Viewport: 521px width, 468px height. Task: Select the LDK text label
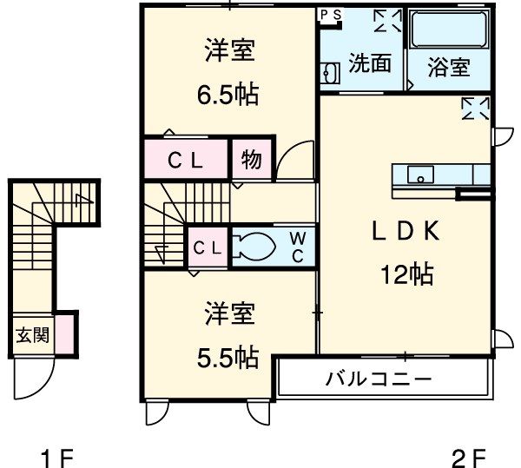(x=405, y=232)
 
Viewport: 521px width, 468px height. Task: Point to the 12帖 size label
(x=405, y=275)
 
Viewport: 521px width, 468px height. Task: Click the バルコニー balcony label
(x=379, y=379)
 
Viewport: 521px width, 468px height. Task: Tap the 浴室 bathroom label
(x=449, y=67)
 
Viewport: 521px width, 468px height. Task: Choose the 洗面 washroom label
(x=369, y=64)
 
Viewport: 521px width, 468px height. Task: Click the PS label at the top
(x=330, y=15)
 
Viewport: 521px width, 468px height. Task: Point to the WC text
(x=297, y=246)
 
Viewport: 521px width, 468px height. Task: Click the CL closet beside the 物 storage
(x=186, y=160)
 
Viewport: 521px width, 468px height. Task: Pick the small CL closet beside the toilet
(x=208, y=247)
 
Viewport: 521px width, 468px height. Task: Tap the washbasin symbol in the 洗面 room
(x=328, y=75)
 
